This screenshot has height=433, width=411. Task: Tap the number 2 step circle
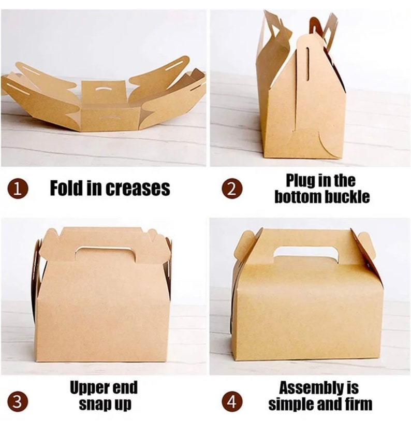point(231,189)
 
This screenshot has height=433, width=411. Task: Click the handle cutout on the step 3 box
point(106,253)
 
